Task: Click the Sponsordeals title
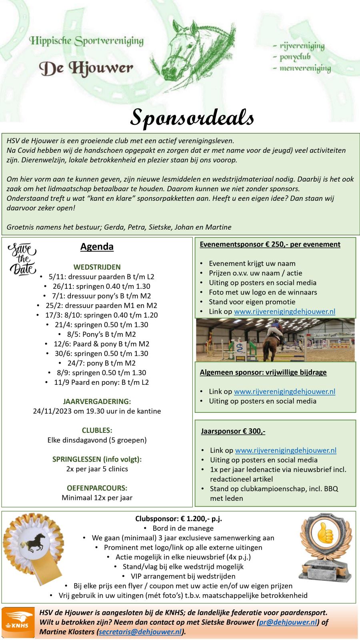[x=192, y=117]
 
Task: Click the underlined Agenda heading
[x=97, y=247]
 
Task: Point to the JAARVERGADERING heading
[x=97, y=401]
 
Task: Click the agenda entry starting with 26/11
[x=102, y=286]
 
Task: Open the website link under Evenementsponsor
[x=284, y=312]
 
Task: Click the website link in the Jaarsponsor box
[x=286, y=450]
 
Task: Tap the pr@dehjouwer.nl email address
[x=288, y=622]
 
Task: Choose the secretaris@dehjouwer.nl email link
[x=140, y=632]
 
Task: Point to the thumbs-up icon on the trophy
[x=325, y=534]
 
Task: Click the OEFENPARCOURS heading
[x=97, y=488]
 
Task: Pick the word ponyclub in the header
[x=295, y=57]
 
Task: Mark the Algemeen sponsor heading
[x=263, y=372]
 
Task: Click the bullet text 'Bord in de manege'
[x=183, y=528]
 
